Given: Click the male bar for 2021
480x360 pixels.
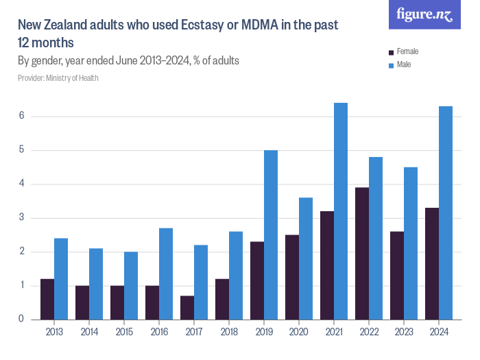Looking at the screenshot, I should coord(341,211).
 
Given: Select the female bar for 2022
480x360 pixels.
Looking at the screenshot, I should coord(362,254).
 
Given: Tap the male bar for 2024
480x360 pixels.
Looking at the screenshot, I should coord(446,213).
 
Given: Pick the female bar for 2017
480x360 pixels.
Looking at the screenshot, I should coord(187,307).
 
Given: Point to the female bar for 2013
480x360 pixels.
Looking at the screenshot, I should coord(47,299).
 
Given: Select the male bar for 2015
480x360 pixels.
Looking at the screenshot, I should coord(131,285).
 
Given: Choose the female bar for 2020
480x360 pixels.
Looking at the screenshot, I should coord(292,277).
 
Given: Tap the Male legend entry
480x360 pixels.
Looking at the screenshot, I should coord(404,64).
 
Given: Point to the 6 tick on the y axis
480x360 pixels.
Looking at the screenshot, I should coord(22,116).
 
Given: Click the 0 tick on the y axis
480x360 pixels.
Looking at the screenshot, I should coord(22,319).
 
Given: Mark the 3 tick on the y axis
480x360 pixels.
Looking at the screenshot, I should coord(22,217).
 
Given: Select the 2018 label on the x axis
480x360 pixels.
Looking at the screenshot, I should coord(229,333).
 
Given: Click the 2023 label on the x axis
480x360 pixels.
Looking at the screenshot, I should coord(404,333).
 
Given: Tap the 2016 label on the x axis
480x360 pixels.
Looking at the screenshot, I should coord(159,333).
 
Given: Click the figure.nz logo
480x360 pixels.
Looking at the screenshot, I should coord(424,15).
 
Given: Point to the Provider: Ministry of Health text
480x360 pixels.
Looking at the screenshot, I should coord(58,78).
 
